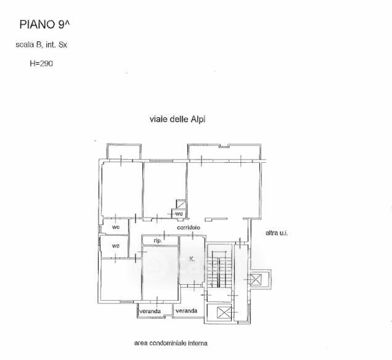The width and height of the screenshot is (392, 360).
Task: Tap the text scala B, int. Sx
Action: pyautogui.click(x=41, y=44)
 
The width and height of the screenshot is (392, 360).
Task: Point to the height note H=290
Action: pyautogui.click(x=41, y=63)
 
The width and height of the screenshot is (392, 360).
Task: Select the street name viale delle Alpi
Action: pyautogui.click(x=177, y=119)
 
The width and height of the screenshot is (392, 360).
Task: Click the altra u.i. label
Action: pyautogui.click(x=277, y=233)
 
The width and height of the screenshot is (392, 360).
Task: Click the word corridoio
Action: pyautogui.click(x=188, y=229)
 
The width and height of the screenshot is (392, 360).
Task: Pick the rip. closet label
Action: pyautogui.click(x=157, y=240)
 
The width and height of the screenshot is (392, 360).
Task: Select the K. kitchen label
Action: pyautogui.click(x=192, y=260)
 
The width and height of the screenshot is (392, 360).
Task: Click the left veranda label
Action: pyautogui.click(x=150, y=311)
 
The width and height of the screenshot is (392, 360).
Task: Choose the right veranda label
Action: pyautogui.click(x=186, y=311)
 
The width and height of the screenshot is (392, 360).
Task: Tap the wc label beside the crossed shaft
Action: pyautogui.click(x=179, y=214)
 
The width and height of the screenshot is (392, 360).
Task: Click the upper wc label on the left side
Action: pyautogui.click(x=115, y=227)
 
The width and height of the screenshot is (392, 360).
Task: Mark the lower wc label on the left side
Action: pyautogui.click(x=115, y=246)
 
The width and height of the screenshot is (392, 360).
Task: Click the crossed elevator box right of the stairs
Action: pyautogui.click(x=255, y=279)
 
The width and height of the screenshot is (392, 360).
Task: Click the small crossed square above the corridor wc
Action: pyautogui.click(x=181, y=204)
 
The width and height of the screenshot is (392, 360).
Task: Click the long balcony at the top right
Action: pyautogui.click(x=226, y=151)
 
